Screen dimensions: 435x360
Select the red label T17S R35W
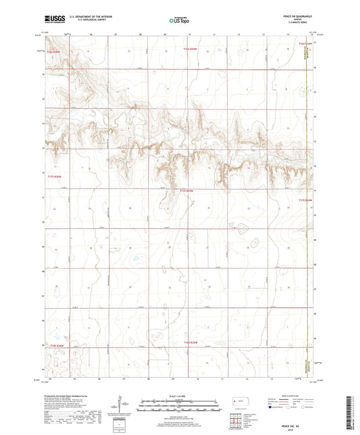tap(187, 191)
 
